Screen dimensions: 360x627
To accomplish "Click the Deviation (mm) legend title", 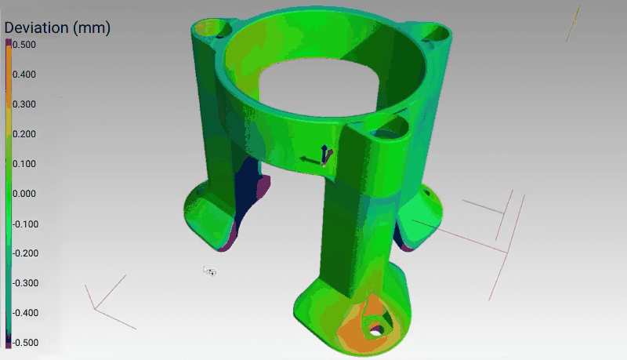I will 57,27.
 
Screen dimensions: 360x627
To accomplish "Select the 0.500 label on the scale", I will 24,45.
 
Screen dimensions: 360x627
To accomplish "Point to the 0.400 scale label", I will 24,75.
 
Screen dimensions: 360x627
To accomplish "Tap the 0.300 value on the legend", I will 24,104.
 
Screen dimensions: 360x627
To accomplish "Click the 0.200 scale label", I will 24,134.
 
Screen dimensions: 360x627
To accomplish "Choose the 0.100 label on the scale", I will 24,164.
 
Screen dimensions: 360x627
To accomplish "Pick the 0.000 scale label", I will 24,194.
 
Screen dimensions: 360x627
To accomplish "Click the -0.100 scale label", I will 24,224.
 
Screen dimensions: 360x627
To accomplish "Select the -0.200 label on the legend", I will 24,253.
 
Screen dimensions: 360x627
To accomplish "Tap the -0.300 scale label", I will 24,283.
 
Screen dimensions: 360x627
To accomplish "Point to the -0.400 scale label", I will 24,313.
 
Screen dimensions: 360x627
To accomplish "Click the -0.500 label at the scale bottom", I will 24,343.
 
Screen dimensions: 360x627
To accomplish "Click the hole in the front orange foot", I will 376,328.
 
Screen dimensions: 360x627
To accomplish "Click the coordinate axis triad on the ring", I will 321,156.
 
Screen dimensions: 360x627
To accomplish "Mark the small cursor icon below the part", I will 209,271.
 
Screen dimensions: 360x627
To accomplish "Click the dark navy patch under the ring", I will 250,188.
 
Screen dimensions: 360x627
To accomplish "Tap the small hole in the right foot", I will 427,191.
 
